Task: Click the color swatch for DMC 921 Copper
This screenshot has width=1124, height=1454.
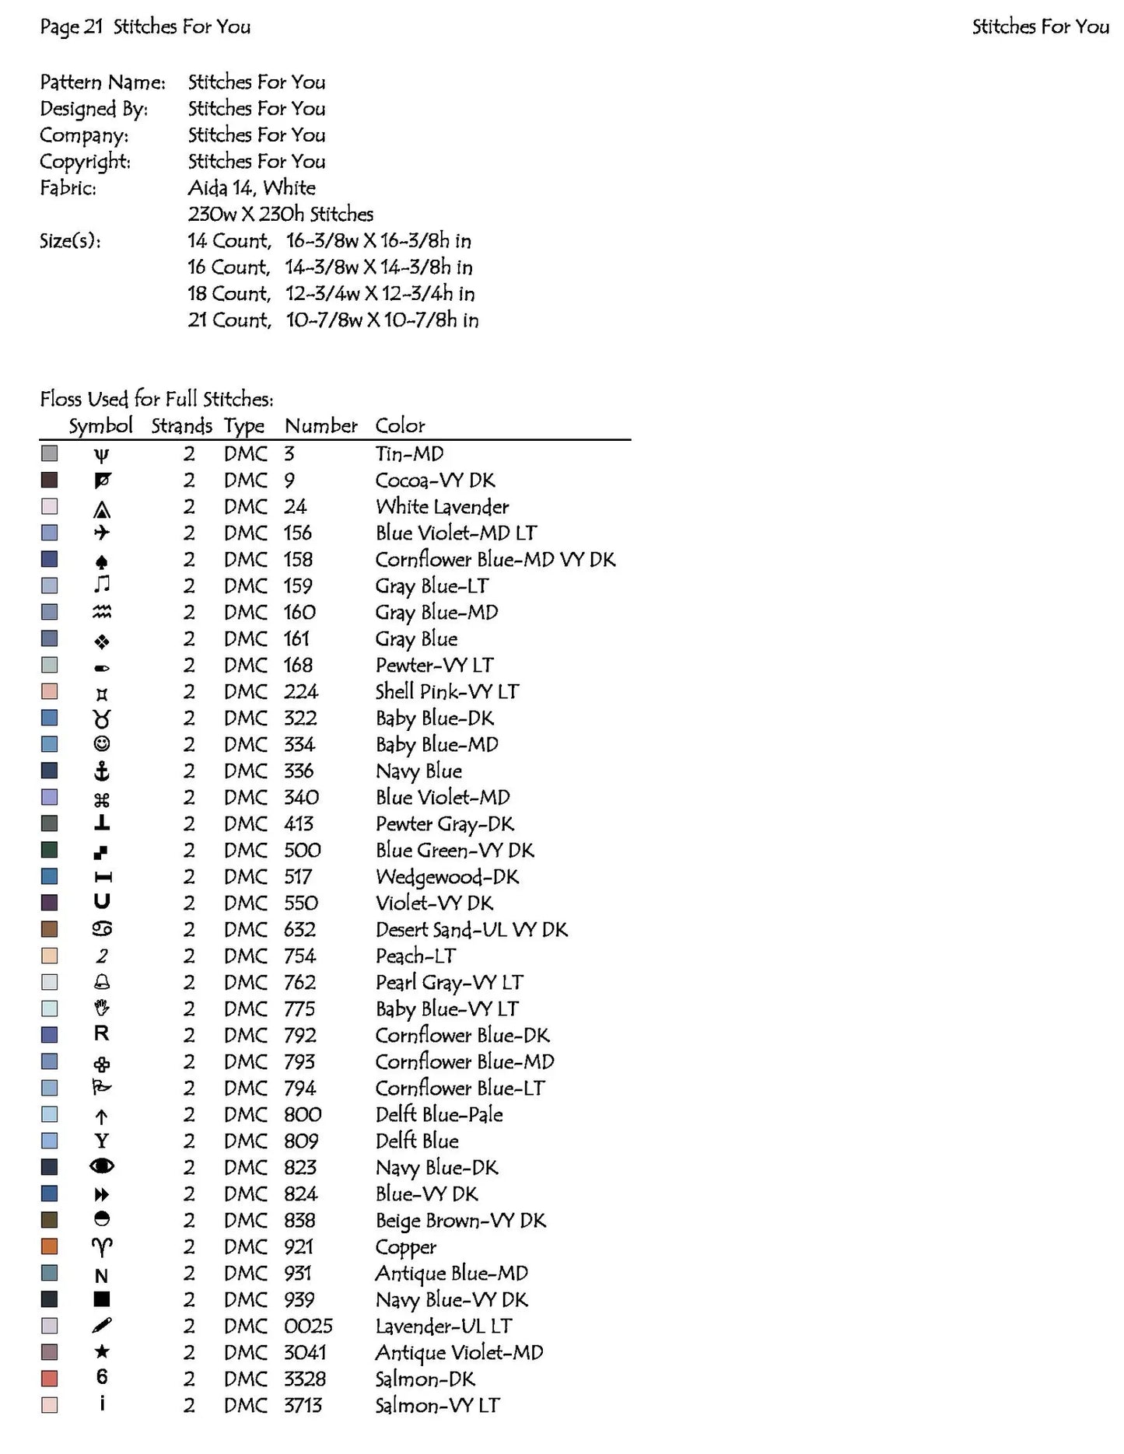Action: click(49, 1246)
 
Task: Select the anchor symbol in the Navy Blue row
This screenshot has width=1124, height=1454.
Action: click(101, 771)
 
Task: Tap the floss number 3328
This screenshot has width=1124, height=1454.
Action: click(304, 1379)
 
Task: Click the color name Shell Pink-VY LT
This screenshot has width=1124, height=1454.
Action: click(446, 691)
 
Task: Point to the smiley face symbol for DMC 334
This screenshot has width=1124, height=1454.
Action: click(101, 744)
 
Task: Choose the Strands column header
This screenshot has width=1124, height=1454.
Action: click(181, 425)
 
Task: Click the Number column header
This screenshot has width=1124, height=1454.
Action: click(320, 425)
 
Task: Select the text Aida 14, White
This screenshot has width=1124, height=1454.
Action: click(251, 187)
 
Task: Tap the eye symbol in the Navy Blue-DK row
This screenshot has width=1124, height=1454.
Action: click(101, 1166)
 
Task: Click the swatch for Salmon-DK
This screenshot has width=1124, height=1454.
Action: click(49, 1379)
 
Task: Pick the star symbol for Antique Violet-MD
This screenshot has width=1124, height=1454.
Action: click(101, 1352)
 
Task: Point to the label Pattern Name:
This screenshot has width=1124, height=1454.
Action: click(103, 82)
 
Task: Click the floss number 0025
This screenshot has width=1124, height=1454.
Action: click(308, 1326)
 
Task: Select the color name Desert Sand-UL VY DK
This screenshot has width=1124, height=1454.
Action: click(471, 929)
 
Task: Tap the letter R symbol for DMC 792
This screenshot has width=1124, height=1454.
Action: click(101, 1034)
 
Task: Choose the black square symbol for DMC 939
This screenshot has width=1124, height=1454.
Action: click(101, 1299)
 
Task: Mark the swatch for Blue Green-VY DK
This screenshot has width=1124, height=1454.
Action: click(49, 850)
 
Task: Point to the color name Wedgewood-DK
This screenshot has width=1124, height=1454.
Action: click(446, 876)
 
